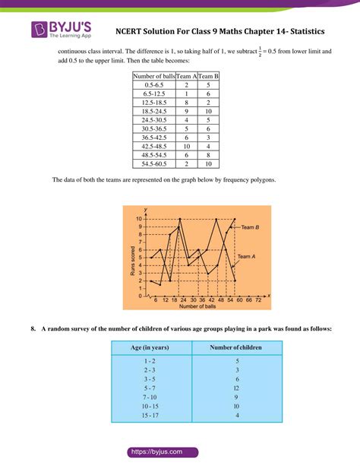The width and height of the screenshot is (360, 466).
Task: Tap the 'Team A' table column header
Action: (186, 77)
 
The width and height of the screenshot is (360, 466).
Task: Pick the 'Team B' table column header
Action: (209, 77)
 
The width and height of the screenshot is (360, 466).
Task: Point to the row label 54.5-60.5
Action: (154, 163)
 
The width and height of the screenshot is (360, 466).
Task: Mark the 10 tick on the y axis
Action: (140, 219)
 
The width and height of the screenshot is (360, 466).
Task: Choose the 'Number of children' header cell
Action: (236, 347)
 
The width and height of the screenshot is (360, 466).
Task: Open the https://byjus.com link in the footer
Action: (179, 452)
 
